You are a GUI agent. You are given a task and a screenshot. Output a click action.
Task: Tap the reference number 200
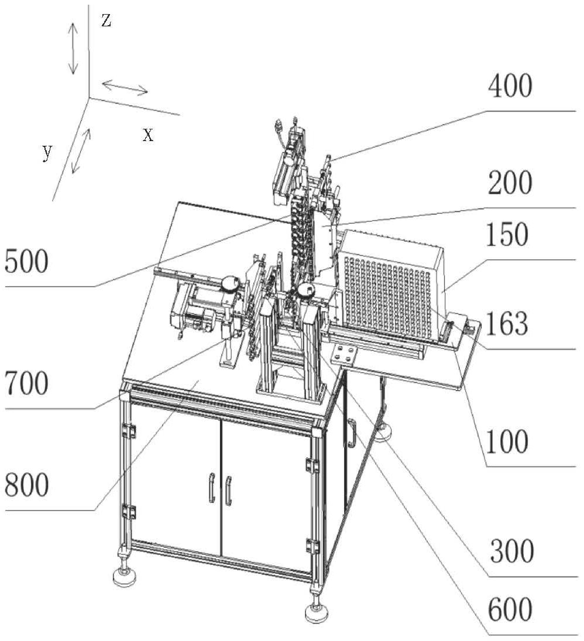(x=510, y=184)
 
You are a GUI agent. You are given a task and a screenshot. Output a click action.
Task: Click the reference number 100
(x=506, y=441)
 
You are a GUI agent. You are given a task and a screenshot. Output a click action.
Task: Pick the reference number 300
(x=511, y=551)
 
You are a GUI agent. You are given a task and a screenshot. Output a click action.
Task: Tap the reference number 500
(x=26, y=261)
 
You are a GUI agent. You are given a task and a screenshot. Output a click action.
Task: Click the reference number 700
(x=26, y=384)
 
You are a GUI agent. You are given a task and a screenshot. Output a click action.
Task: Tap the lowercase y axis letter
(x=47, y=152)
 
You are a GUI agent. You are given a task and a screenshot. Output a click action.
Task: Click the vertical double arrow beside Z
(x=73, y=48)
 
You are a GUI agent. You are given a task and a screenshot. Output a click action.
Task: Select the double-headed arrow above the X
(x=125, y=88)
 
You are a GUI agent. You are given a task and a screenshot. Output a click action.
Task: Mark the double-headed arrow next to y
(x=82, y=150)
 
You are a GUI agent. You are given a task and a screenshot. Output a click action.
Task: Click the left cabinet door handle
(x=211, y=489)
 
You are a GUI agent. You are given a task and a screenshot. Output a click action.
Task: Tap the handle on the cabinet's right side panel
(x=351, y=433)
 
